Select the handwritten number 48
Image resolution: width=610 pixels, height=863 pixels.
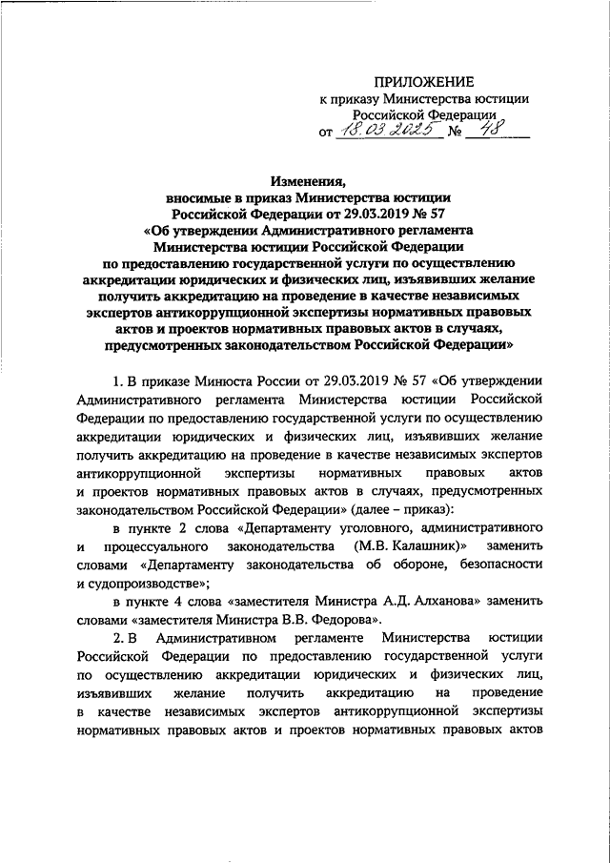click(490, 126)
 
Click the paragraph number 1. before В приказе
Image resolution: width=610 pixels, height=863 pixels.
click(119, 399)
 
